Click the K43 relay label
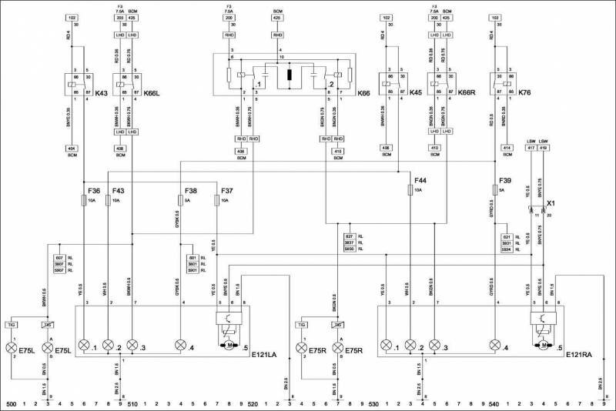pyautogui.click(x=100, y=93)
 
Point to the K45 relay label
pyautogui.click(x=416, y=93)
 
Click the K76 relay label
pyautogui.click(x=526, y=93)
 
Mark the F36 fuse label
pyautogui.click(x=94, y=189)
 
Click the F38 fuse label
pyautogui.click(x=192, y=189)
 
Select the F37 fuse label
pyautogui.click(x=227, y=189)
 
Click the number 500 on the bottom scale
pyautogui.click(x=11, y=403)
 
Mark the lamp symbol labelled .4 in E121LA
pyautogui.click(x=182, y=345)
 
